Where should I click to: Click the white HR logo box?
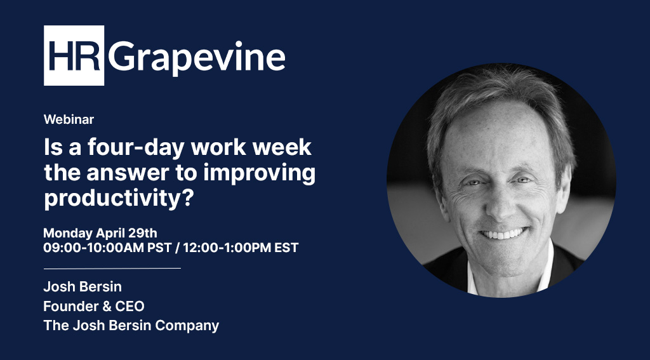pos(74,56)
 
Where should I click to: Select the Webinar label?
pos(69,119)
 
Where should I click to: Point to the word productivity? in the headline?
pos(118,198)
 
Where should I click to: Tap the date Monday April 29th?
pos(104,233)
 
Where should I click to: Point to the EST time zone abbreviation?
pos(286,248)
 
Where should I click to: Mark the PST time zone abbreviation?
pos(159,248)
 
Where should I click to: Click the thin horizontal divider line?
pos(112,268)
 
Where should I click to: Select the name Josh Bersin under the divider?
pos(82,287)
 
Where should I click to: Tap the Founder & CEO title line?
pos(93,306)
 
